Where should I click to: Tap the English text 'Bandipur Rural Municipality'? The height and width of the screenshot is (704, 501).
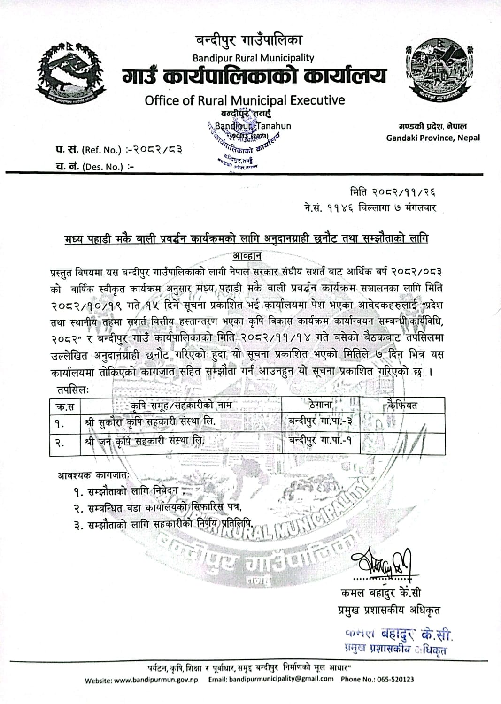(x=254, y=58)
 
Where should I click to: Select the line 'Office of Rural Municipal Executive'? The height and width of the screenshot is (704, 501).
(x=245, y=99)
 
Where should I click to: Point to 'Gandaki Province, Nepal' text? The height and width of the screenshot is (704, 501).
(x=433, y=138)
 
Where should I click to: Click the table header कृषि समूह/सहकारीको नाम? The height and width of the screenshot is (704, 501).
(x=181, y=405)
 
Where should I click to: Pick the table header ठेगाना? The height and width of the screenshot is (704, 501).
(x=321, y=404)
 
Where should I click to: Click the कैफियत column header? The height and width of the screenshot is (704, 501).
(x=402, y=404)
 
